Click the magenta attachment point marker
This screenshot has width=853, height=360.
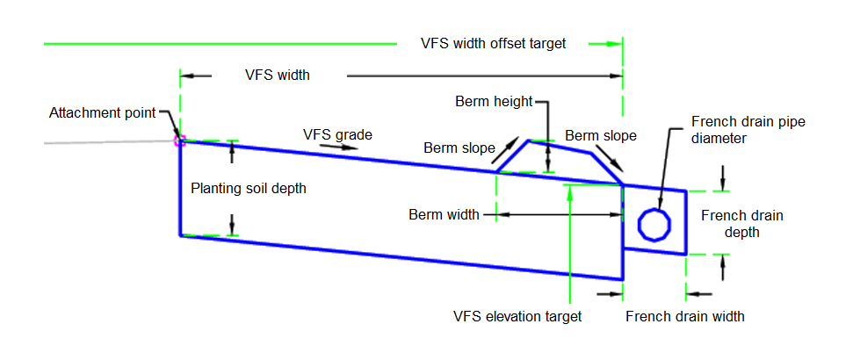coord(179,139)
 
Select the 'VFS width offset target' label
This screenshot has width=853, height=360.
coord(493,42)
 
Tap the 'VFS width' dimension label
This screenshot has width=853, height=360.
coord(277,76)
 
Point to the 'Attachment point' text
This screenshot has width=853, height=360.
coord(102,112)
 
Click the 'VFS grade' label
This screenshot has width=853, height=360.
coord(337,134)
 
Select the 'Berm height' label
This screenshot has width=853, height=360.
coord(494,101)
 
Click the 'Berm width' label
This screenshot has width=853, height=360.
coord(444,214)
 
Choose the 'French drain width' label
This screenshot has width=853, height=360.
coord(684,316)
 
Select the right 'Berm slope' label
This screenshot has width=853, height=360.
coord(600,136)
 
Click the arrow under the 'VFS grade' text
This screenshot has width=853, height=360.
coord(344,148)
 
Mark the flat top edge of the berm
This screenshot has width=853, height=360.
coord(559,146)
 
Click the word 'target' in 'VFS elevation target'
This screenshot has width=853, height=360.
coord(563,316)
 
